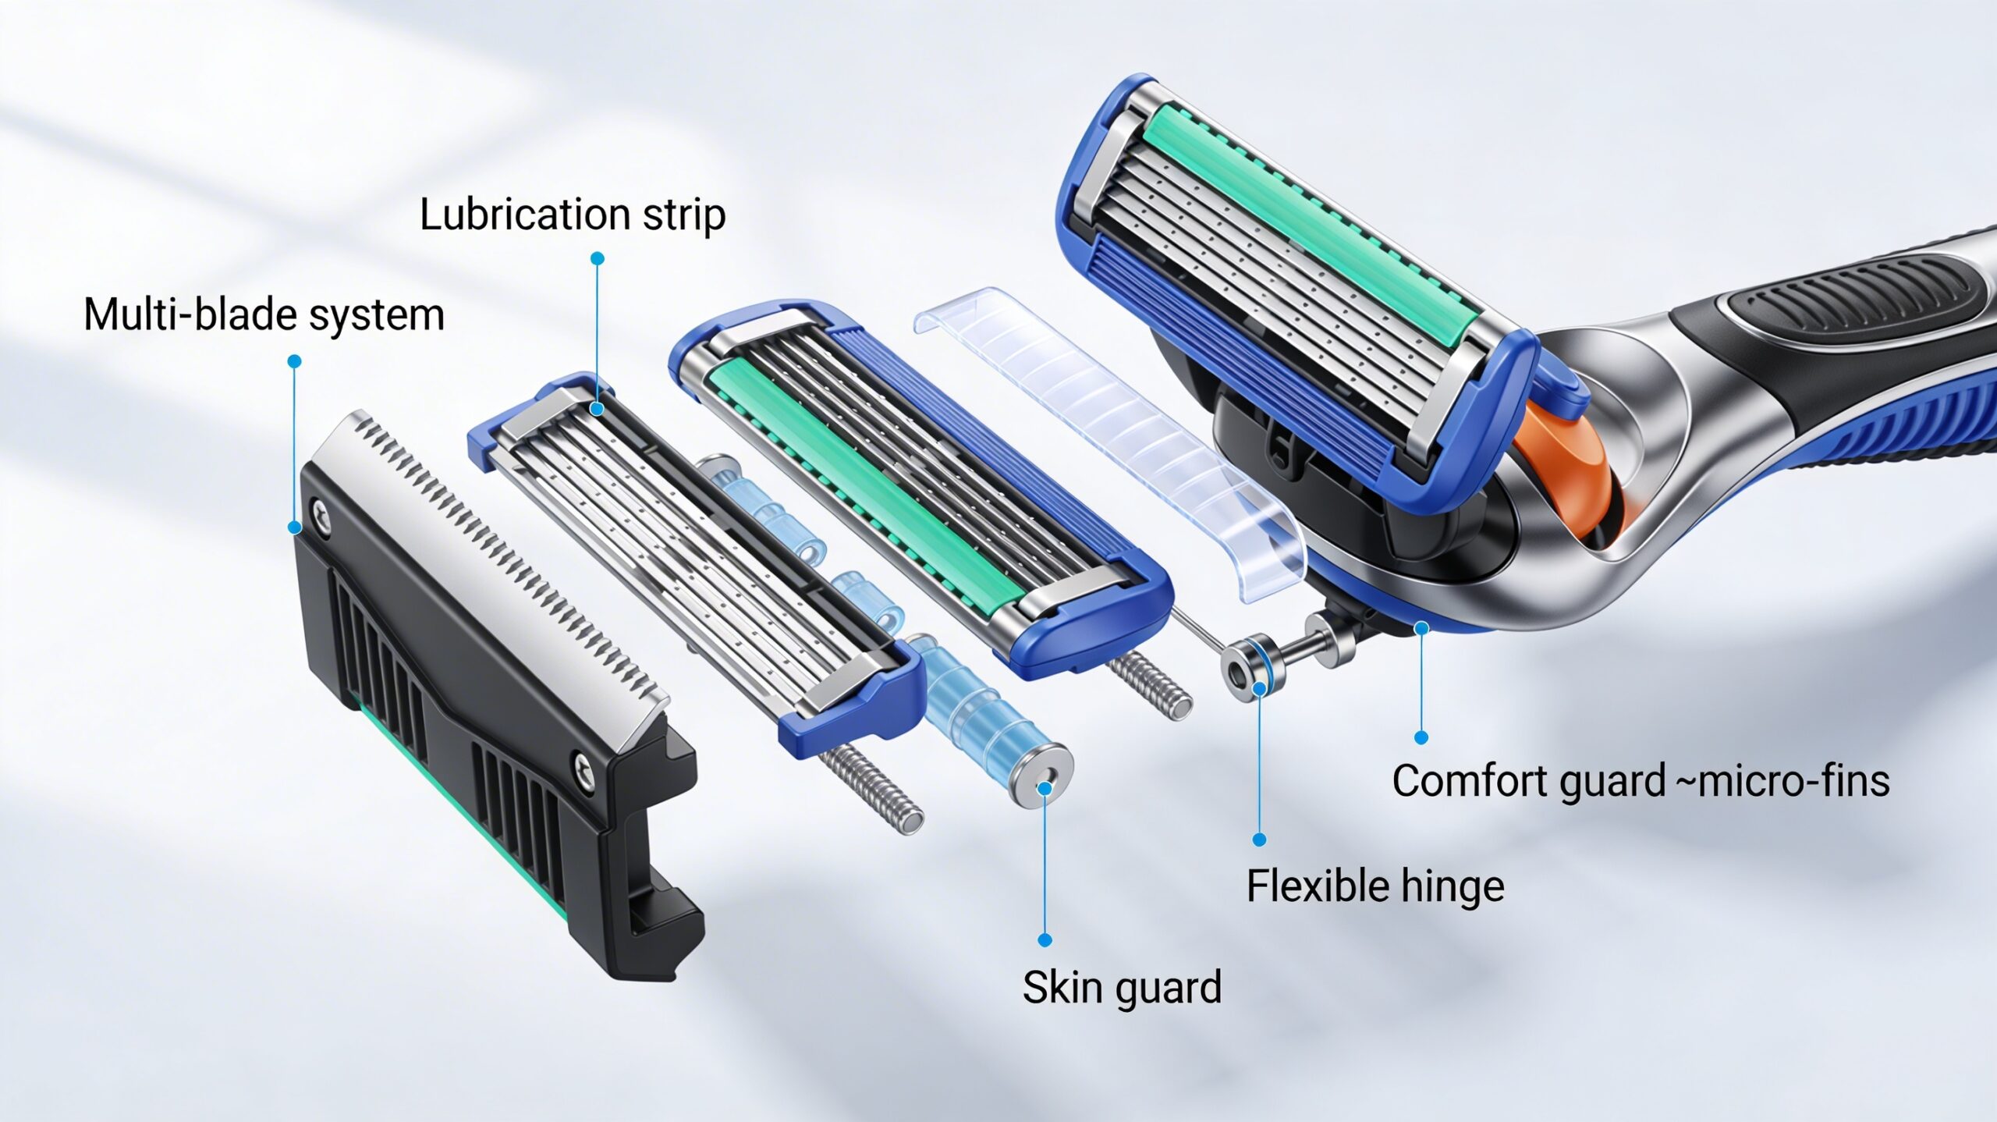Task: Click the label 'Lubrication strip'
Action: (x=573, y=215)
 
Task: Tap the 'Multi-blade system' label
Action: (x=264, y=314)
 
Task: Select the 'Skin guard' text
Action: (x=1122, y=988)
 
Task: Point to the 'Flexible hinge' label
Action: (x=1375, y=886)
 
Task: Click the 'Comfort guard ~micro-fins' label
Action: (x=1641, y=781)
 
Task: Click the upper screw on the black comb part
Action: (x=320, y=512)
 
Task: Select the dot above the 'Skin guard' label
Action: (x=1045, y=940)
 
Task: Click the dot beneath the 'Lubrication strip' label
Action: (x=598, y=258)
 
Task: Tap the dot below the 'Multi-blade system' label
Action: (x=294, y=361)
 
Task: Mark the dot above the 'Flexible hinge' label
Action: (x=1259, y=840)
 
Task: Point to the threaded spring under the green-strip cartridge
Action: (x=1151, y=683)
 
